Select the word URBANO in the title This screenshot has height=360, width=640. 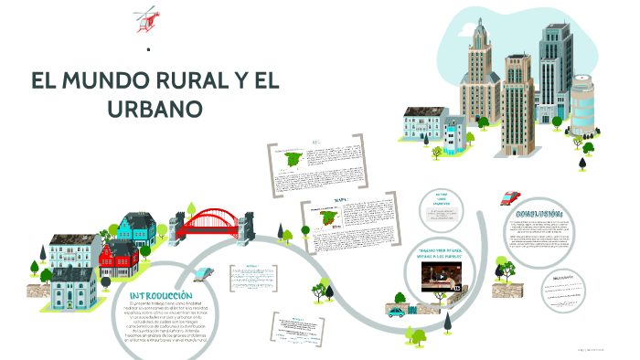[x=155, y=109]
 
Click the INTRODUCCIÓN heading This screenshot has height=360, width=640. [x=162, y=296]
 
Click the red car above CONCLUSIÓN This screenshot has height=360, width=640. [x=510, y=196]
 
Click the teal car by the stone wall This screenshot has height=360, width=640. [x=396, y=312]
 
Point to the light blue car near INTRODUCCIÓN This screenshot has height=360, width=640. [x=206, y=273]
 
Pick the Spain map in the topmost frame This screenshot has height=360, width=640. [x=293, y=161]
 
